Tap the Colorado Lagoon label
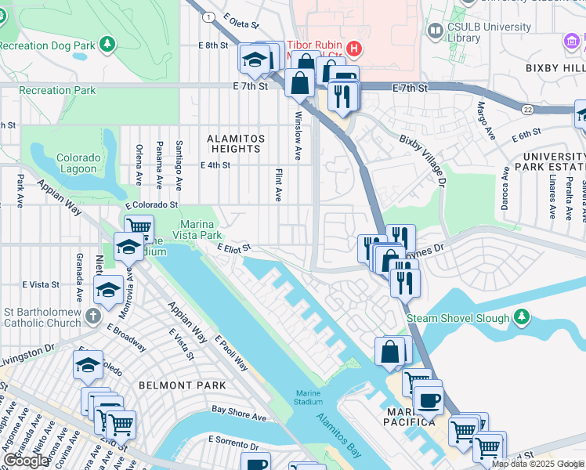pyautogui.click(x=78, y=163)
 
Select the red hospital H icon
pyautogui.click(x=354, y=49)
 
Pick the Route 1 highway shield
pyautogui.click(x=208, y=16)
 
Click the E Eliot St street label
pyautogui.click(x=234, y=248)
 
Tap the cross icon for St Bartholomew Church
pyautogui.click(x=92, y=316)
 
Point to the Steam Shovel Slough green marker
pyautogui.click(x=522, y=317)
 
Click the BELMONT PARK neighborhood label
pyautogui.click(x=182, y=385)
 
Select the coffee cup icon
pyautogui.click(x=428, y=400)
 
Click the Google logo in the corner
pyautogui.click(x=27, y=461)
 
